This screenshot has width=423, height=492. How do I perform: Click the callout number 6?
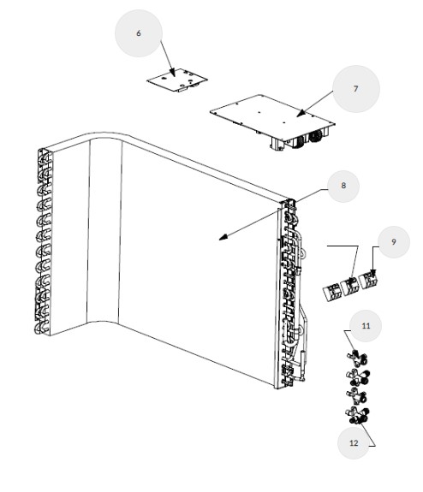[139, 33]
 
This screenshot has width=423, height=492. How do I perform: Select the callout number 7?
[355, 89]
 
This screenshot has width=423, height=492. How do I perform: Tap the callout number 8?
[343, 186]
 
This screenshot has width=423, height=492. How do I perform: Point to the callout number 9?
[394, 241]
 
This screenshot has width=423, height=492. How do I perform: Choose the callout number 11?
[366, 326]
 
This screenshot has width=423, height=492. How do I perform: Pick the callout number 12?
[354, 442]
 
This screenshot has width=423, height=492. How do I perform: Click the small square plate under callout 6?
[177, 80]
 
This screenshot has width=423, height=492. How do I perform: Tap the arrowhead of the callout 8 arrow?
[223, 237]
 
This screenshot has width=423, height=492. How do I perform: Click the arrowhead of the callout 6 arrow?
[172, 73]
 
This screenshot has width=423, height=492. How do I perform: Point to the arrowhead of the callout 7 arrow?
[301, 113]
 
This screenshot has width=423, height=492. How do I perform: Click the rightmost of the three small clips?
[369, 280]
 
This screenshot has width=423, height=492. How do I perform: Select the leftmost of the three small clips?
[331, 293]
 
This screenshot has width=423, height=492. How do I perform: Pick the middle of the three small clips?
[350, 287]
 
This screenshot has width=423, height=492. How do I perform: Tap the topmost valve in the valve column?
[357, 359]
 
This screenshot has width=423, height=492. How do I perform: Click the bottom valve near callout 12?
[357, 415]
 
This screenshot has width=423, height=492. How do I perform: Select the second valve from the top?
[358, 377]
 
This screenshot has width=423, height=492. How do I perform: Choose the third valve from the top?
[356, 396]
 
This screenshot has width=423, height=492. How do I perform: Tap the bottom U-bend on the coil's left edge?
[41, 329]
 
